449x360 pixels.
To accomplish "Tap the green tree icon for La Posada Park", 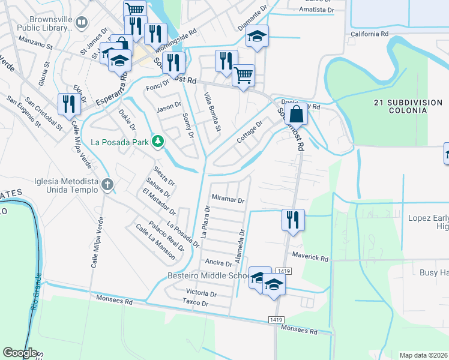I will [157, 141].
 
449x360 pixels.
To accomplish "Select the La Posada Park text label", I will [120, 142].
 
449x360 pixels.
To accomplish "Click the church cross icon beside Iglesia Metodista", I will [107, 184].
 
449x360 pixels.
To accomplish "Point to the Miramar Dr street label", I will [229, 200].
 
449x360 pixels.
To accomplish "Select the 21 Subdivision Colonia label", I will [408, 107].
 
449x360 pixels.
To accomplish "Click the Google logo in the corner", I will [20, 353].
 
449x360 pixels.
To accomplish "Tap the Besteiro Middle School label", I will [207, 276].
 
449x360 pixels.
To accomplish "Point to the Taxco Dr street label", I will [196, 304].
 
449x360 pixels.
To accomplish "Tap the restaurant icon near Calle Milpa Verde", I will [68, 103].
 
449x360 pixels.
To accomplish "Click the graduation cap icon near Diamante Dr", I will [257, 36].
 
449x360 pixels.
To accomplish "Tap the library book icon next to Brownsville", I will [82, 23].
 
